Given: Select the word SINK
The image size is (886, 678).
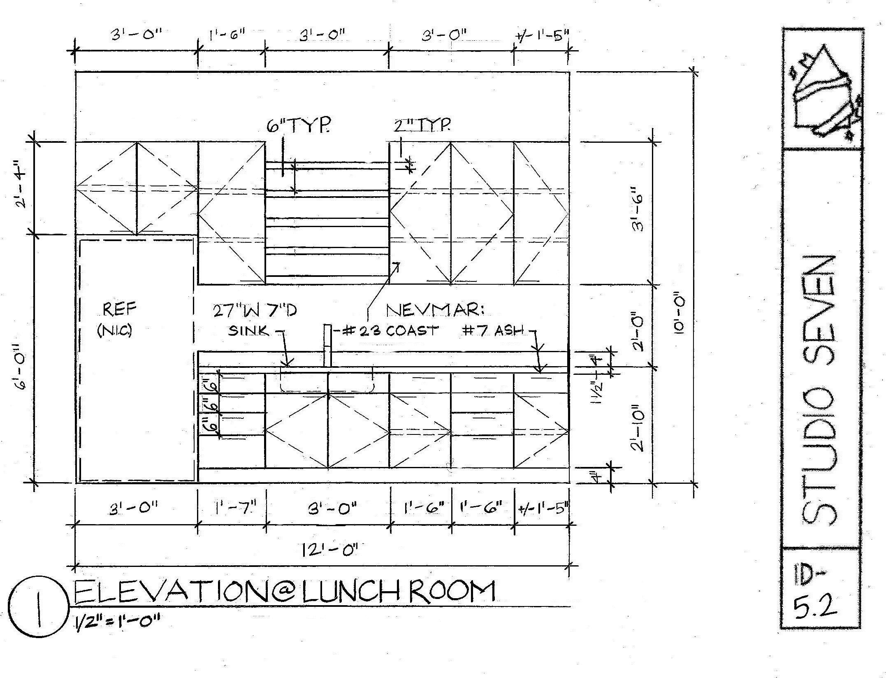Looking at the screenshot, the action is (249, 331).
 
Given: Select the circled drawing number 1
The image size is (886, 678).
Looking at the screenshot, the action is (39, 609).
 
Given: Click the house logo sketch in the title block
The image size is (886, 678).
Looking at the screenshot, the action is (822, 97).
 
